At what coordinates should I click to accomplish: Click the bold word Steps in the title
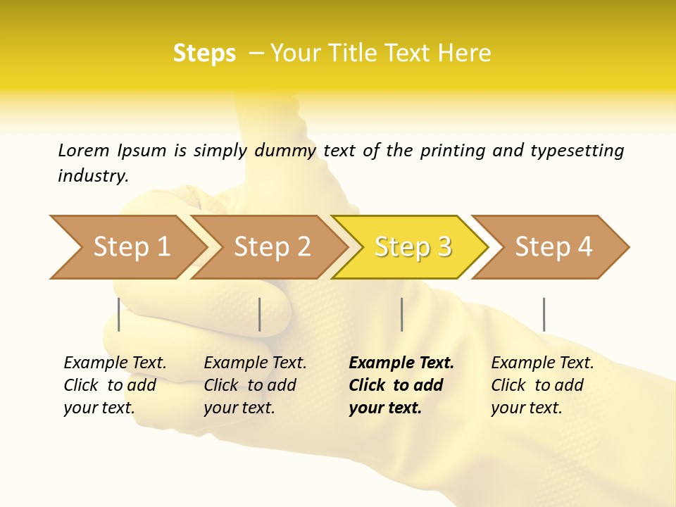click(204, 54)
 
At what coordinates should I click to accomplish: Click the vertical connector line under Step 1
click(119, 314)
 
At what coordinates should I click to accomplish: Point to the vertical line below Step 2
click(260, 314)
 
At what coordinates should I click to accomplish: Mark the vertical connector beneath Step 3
click(402, 314)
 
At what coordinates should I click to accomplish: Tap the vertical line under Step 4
click(544, 314)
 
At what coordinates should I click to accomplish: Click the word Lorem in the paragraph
click(84, 150)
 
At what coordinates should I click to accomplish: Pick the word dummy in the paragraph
click(285, 151)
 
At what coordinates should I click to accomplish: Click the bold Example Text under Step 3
click(401, 363)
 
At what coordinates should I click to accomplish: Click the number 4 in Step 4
click(584, 247)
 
